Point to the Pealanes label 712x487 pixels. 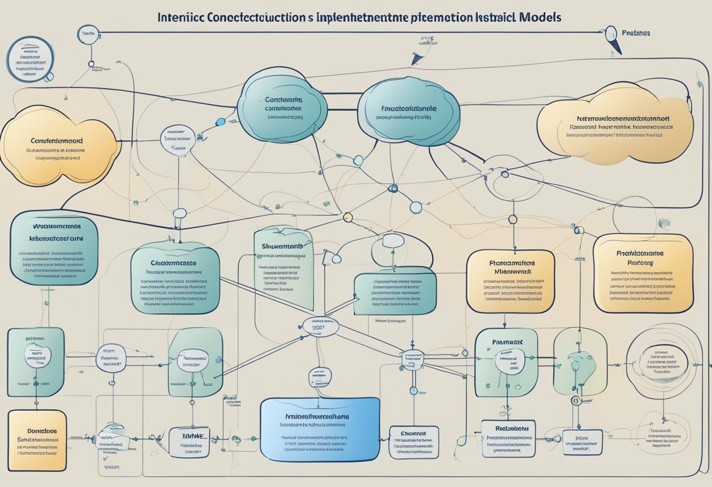coord(636,33)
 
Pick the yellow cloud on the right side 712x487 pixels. coord(615,125)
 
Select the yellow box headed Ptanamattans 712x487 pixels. coord(510,282)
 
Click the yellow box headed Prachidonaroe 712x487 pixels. coord(642,273)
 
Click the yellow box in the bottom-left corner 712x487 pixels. coord(37,440)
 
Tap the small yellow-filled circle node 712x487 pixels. coord(348,217)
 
